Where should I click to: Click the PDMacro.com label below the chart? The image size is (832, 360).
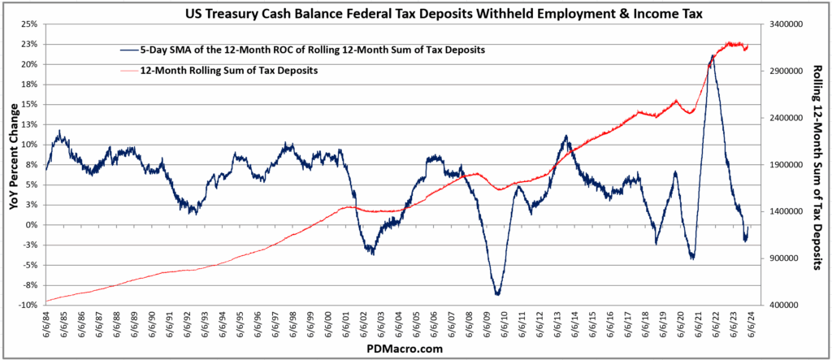click(x=403, y=348)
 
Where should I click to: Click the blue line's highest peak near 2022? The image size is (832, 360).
click(x=713, y=55)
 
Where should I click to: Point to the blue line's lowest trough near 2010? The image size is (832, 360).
click(x=497, y=294)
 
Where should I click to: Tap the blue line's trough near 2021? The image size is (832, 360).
click(x=692, y=258)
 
